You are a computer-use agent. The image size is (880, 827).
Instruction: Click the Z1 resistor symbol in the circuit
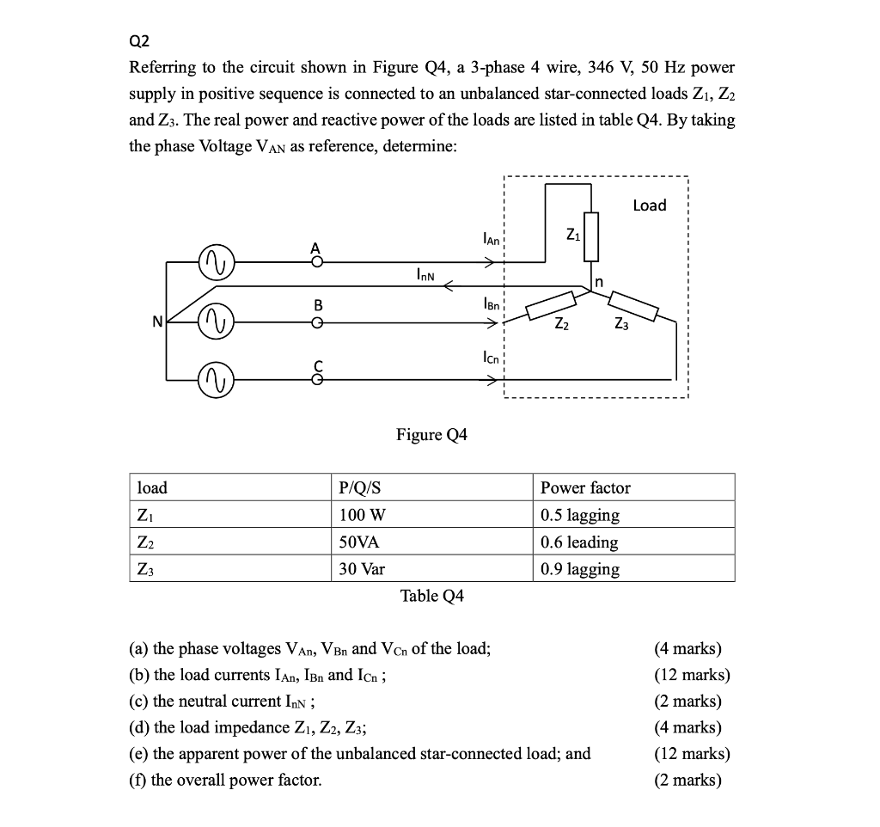pos(590,236)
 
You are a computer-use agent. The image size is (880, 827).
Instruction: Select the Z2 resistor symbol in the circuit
pos(550,304)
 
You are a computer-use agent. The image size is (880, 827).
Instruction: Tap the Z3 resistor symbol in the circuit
pos(633,305)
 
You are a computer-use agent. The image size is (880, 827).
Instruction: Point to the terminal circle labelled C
pos(317,379)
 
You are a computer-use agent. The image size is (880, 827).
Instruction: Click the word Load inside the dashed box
pos(649,205)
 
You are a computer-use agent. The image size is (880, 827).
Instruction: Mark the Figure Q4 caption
pos(431,435)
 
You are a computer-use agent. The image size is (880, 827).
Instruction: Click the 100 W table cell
pos(364,516)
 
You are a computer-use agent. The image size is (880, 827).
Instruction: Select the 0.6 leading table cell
pos(579,542)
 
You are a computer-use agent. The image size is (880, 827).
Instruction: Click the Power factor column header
pos(585,488)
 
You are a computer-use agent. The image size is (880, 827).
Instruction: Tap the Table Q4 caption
pos(432,596)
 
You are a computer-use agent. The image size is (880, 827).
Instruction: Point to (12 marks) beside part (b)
pos(692,675)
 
